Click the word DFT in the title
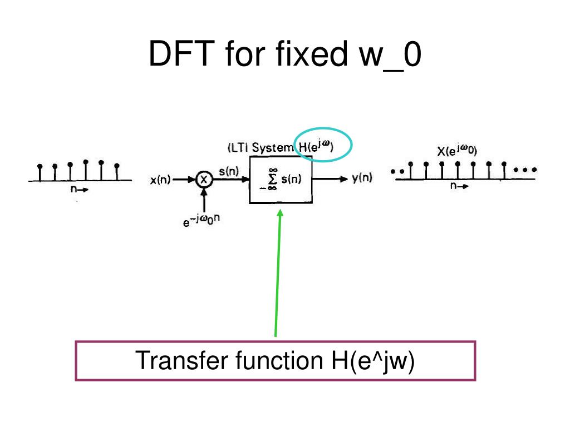(x=182, y=53)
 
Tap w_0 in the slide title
(x=390, y=55)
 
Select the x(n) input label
(x=160, y=180)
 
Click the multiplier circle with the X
(x=204, y=180)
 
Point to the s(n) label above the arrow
(x=229, y=171)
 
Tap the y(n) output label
(x=362, y=178)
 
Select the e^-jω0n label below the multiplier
(x=201, y=220)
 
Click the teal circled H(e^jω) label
(x=316, y=146)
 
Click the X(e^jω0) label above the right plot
(x=457, y=150)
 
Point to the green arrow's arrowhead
(x=280, y=213)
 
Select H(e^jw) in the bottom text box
(x=372, y=361)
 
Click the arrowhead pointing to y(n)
(x=343, y=178)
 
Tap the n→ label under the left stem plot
(x=79, y=189)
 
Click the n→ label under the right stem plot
(x=459, y=186)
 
